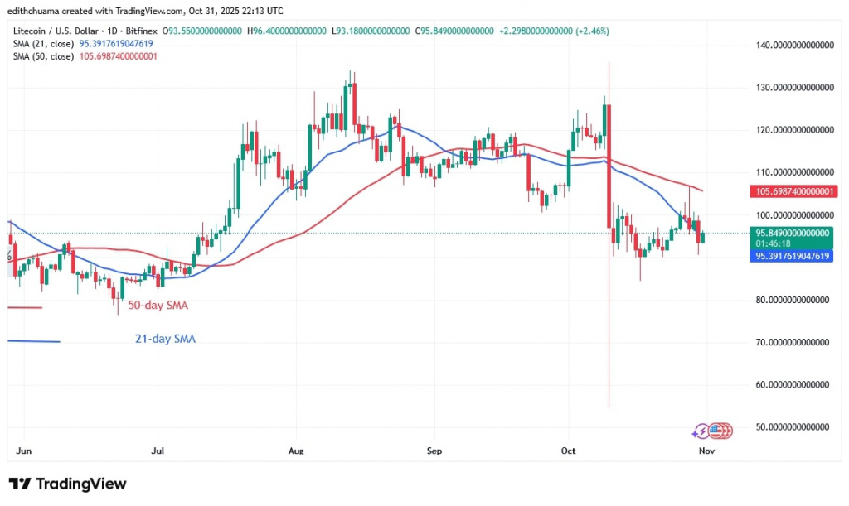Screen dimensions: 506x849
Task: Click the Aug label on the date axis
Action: tap(297, 452)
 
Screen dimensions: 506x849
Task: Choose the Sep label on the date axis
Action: tap(434, 452)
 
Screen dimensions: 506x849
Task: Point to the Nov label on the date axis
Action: tap(706, 452)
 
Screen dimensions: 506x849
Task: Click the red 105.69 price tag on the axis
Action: tap(793, 191)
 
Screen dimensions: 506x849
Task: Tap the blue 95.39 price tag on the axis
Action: tap(793, 257)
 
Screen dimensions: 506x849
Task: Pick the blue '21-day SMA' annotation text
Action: tap(165, 339)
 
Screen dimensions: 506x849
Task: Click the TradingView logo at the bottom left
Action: tap(68, 484)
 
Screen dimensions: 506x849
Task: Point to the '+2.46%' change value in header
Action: tap(592, 31)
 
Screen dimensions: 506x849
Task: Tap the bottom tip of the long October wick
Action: tap(609, 406)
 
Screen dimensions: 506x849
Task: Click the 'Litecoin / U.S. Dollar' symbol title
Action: tap(53, 31)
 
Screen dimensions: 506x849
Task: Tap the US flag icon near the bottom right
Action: tap(724, 431)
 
